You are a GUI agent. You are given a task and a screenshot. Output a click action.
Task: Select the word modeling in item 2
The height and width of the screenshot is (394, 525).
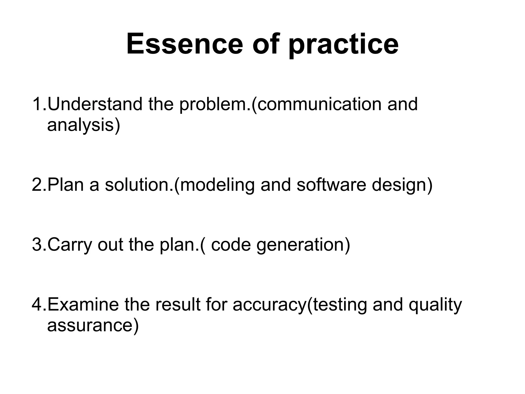218,185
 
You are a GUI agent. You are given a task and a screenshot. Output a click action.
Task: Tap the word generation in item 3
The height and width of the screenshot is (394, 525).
300,245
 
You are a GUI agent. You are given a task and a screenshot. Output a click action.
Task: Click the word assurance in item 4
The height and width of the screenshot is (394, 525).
90,326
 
